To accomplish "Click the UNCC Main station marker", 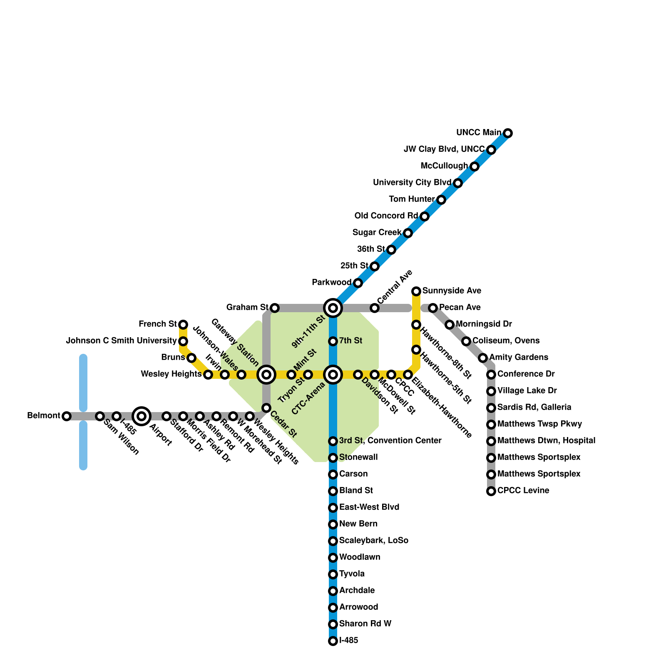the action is pyautogui.click(x=507, y=133).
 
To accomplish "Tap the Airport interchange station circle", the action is pyautogui.click(x=142, y=416).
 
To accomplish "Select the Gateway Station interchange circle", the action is pyautogui.click(x=266, y=375).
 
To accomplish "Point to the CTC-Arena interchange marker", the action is pyautogui.click(x=333, y=375).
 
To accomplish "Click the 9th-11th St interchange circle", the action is pyautogui.click(x=333, y=308).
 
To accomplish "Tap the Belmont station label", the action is pyautogui.click(x=44, y=416).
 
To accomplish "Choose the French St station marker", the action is pyautogui.click(x=183, y=324).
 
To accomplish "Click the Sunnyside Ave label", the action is pyautogui.click(x=452, y=291).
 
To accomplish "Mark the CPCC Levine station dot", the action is pyautogui.click(x=491, y=491).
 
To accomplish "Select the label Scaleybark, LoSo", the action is pyautogui.click(x=373, y=541).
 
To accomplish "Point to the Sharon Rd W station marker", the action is pyautogui.click(x=333, y=624).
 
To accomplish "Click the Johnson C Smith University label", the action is pyautogui.click(x=121, y=341).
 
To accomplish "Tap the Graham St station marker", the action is pyautogui.click(x=275, y=308).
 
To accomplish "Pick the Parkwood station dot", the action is pyautogui.click(x=358, y=283).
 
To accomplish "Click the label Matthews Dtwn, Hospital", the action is pyautogui.click(x=546, y=440).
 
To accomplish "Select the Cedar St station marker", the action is pyautogui.click(x=266, y=408).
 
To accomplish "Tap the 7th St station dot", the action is pyautogui.click(x=333, y=341).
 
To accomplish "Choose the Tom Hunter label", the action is pyautogui.click(x=412, y=199).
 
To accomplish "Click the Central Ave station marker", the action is pyautogui.click(x=375, y=308).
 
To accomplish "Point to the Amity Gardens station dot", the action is pyautogui.click(x=483, y=358).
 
